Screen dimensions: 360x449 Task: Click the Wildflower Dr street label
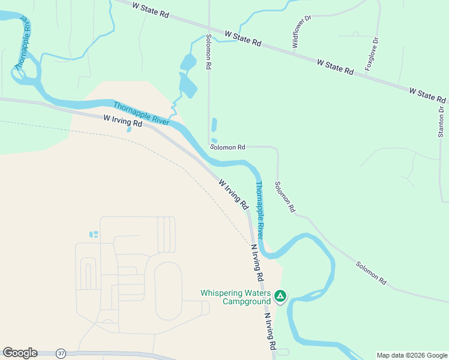tap(301, 32)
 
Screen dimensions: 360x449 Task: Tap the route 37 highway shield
tap(61, 353)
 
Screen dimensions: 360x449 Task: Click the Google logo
tap(20, 353)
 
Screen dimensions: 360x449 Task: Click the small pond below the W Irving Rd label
tap(128, 128)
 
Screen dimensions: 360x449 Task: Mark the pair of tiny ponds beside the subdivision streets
tap(93, 234)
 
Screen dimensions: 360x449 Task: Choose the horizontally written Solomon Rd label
tap(228, 147)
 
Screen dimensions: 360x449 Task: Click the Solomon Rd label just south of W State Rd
tap(208, 53)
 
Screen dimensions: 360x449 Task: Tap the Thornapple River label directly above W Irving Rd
tap(141, 113)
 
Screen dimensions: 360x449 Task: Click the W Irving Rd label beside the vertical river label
tap(233, 194)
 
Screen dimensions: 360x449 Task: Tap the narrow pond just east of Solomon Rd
tap(214, 125)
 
